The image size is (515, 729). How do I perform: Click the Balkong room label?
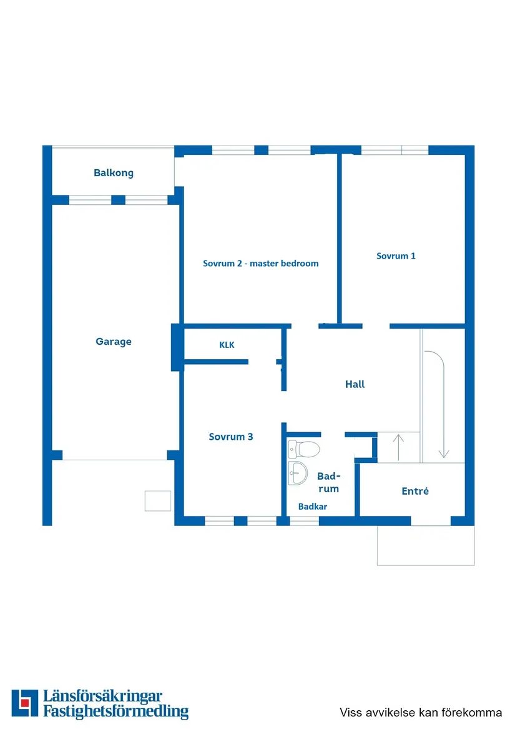click(x=114, y=173)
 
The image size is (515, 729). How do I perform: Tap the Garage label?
click(x=114, y=342)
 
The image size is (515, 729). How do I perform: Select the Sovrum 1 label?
click(x=396, y=255)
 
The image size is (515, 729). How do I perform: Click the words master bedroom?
click(x=284, y=263)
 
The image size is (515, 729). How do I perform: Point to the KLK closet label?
click(x=227, y=344)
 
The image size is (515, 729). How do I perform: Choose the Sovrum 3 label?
click(x=231, y=437)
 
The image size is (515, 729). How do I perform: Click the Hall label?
click(x=355, y=384)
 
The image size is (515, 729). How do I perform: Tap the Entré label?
click(x=415, y=491)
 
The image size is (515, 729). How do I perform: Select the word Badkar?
click(x=312, y=506)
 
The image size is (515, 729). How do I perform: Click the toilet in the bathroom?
click(x=304, y=449)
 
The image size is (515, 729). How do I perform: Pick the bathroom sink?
click(x=298, y=473)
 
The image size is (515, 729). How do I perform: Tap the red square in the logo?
click(x=24, y=703)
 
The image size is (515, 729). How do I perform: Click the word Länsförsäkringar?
click(x=103, y=696)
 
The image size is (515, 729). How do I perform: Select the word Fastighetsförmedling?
click(x=115, y=712)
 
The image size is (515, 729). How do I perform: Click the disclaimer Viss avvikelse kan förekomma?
click(x=421, y=712)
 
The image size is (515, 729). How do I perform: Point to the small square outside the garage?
click(x=157, y=501)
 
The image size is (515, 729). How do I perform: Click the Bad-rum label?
click(x=328, y=482)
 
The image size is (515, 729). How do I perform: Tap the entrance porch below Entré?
click(x=426, y=545)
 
